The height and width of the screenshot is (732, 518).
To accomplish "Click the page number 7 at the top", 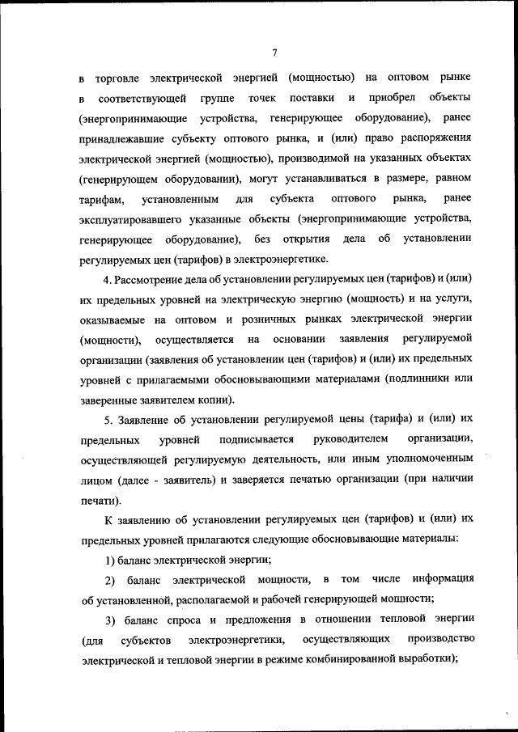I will (x=274, y=53).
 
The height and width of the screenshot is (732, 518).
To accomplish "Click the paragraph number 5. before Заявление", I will (x=109, y=420).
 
